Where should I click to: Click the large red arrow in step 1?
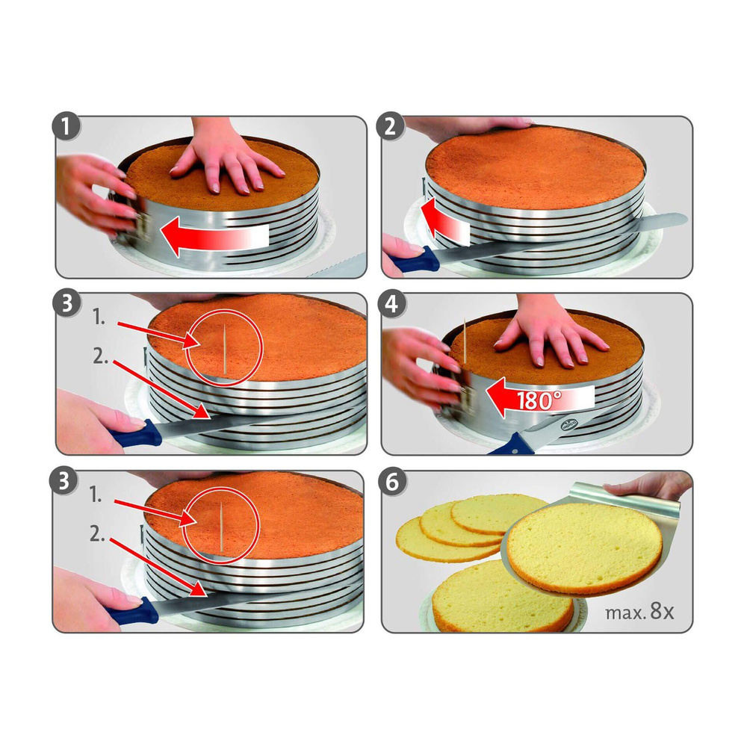pyautogui.click(x=213, y=237)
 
